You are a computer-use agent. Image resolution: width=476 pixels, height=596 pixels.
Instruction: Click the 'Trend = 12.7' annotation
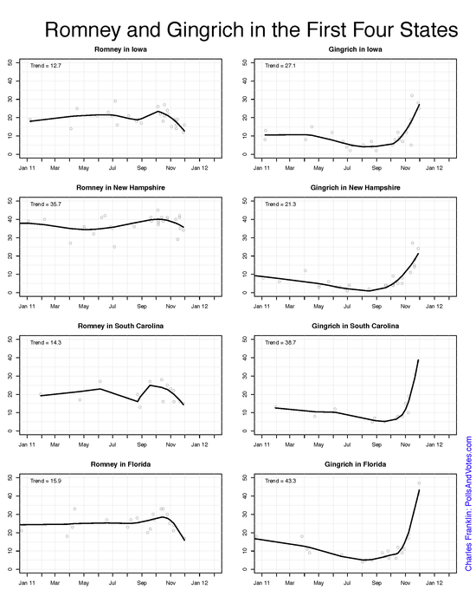tap(44, 66)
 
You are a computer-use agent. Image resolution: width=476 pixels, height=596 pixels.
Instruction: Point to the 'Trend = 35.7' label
tap(44, 204)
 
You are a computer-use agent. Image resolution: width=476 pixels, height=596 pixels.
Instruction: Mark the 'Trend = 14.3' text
tap(44, 342)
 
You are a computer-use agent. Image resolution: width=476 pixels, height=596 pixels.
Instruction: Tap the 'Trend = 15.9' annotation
tap(44, 480)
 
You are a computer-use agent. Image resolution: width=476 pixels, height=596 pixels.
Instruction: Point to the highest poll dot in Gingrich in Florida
tap(419, 483)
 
